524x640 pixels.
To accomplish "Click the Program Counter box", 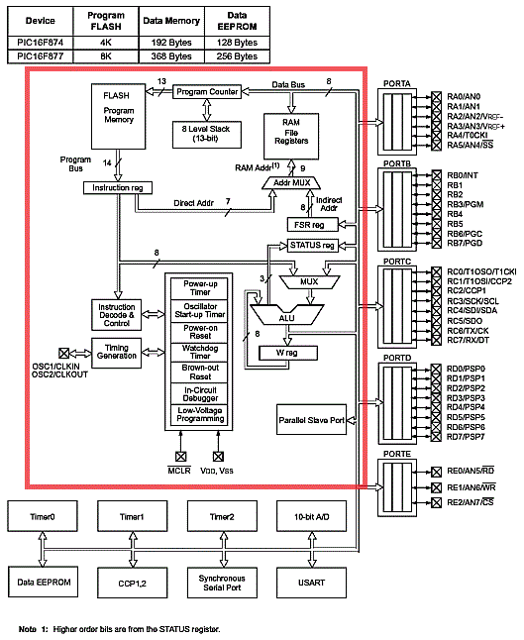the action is tap(207, 92).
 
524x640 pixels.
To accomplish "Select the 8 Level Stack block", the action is tap(206, 135).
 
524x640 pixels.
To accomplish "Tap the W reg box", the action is tap(288, 353).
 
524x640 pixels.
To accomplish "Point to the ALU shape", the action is tap(287, 315).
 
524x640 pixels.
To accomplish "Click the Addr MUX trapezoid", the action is tap(291, 183).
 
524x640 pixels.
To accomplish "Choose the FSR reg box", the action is tap(313, 225).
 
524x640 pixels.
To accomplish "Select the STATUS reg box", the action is tap(313, 246).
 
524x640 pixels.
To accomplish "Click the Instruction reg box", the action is tap(118, 188).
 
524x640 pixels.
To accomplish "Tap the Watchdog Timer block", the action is tap(199, 352).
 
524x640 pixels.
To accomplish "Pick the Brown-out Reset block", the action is tap(199, 372).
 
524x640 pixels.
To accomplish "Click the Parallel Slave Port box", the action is tap(311, 420).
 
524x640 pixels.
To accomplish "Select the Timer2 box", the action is tap(222, 516).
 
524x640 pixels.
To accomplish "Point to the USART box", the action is tap(311, 583).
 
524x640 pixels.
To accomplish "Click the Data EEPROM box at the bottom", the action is tap(43, 582).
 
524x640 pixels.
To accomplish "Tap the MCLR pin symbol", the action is tap(181, 457).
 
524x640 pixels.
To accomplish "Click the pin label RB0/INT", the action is tap(463, 175).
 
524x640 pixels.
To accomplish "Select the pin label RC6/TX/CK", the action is tap(468, 331).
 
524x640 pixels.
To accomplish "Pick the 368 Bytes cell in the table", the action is tap(171, 56).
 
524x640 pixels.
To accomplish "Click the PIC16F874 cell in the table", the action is tap(41, 43).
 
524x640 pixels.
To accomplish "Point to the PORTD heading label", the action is tap(396, 358).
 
